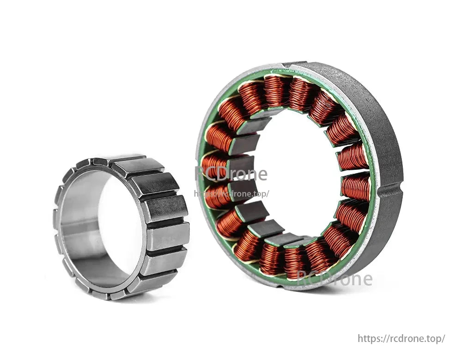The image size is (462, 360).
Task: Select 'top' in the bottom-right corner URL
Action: [435, 338]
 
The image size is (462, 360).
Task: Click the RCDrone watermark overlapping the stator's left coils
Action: [231, 174]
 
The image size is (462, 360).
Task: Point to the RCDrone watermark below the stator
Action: [334, 279]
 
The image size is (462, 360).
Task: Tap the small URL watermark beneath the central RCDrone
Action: [231, 194]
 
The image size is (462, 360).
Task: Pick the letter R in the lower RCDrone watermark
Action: [303, 279]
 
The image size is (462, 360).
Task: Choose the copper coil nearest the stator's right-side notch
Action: [356, 187]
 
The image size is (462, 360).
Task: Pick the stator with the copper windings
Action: [300, 175]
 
